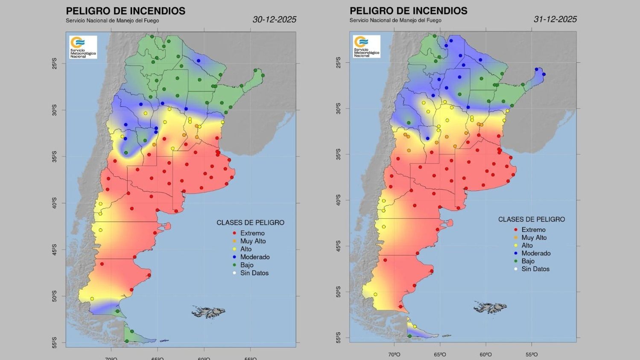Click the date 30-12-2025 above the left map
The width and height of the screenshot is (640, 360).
point(274,19)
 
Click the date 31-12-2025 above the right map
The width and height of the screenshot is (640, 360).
point(555,19)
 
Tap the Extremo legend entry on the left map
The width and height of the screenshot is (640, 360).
point(252,233)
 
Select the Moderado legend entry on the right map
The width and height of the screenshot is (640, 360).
point(535,253)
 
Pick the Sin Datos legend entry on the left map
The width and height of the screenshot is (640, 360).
point(254,273)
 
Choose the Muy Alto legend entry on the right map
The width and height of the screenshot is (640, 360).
point(533,237)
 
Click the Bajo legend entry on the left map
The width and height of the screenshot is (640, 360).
point(246,265)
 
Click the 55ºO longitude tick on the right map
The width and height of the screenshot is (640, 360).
point(532,354)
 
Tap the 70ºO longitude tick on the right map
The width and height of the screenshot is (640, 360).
point(394,354)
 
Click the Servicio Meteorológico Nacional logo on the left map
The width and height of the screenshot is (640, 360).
point(83,47)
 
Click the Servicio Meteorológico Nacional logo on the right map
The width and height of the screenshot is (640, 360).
point(366,47)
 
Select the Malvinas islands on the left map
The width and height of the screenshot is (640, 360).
point(209,311)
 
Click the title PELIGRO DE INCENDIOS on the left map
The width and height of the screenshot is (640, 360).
point(126,11)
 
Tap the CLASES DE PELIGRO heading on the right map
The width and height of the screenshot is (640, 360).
point(531,219)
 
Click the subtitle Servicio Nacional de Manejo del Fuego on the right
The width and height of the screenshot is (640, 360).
point(395,20)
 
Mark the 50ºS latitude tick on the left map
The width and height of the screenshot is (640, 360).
point(54,296)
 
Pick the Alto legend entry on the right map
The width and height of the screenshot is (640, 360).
point(527,246)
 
